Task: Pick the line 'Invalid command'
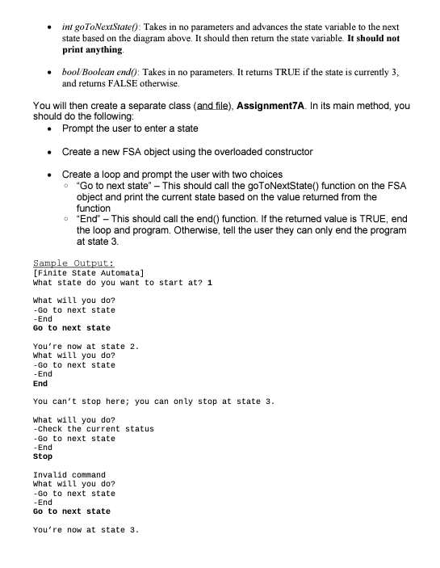pos(69,474)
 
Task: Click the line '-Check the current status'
pos(93,428)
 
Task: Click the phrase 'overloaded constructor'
pos(258,152)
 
